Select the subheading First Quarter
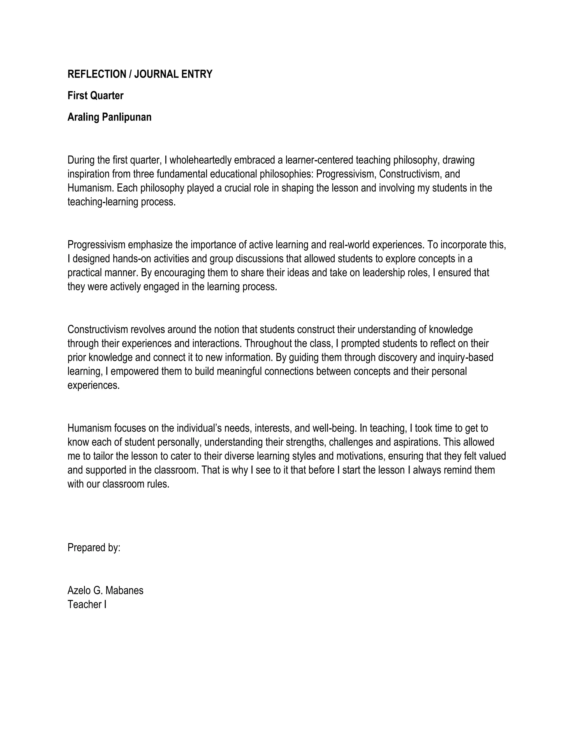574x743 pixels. pyautogui.click(x=95, y=96)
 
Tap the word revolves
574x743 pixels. pyautogui.click(x=148, y=329)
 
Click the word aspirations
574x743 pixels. pyautogui.click(x=417, y=442)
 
